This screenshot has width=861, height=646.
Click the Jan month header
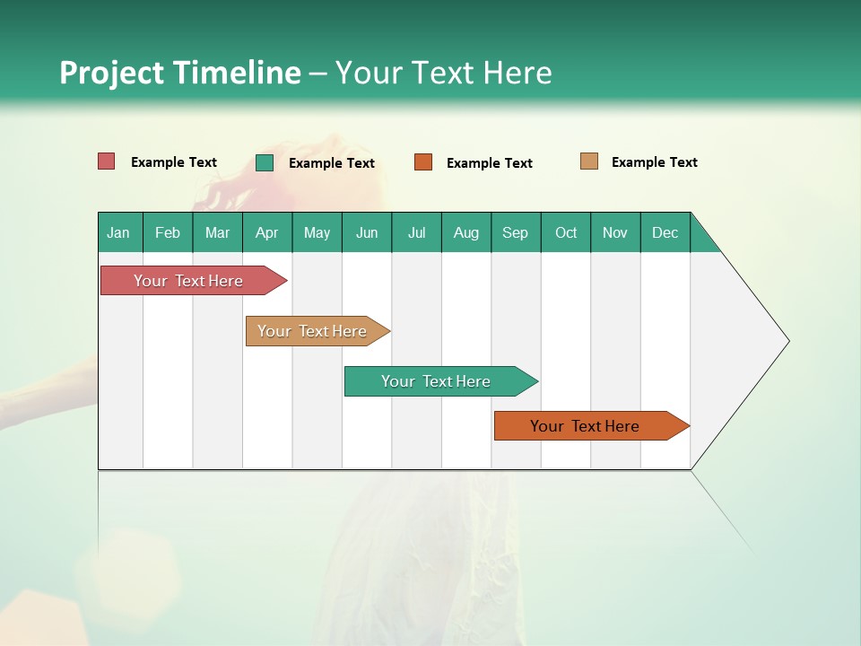(x=119, y=232)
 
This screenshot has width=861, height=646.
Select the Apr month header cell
(x=266, y=232)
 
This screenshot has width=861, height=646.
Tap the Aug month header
(x=465, y=232)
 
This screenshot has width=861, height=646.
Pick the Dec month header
(x=665, y=232)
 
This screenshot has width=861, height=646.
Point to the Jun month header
(x=367, y=232)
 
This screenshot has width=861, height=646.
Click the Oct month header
(x=566, y=232)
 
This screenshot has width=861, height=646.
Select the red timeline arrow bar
(x=188, y=281)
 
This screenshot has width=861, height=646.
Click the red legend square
(x=106, y=161)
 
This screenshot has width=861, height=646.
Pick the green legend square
(x=265, y=162)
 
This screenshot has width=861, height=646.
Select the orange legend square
(x=423, y=162)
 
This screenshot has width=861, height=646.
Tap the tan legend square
(x=589, y=161)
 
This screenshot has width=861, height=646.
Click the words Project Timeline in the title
(x=179, y=73)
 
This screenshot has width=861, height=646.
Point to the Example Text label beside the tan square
(x=654, y=162)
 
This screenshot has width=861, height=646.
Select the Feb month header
(x=168, y=232)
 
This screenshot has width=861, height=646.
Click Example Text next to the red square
(x=173, y=162)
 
